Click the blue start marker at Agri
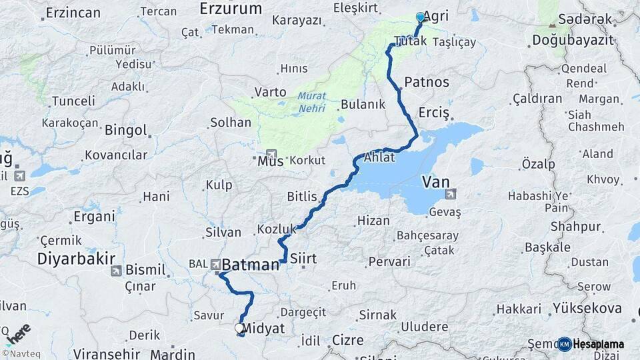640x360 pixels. point(420,17)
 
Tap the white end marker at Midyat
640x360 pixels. point(239,328)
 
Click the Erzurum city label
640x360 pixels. point(231,9)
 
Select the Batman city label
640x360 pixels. point(250,265)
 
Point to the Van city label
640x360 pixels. point(435,181)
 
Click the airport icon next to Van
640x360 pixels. point(451,194)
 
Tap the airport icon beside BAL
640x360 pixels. point(216,265)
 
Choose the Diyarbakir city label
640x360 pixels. point(77,259)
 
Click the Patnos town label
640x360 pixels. point(427,83)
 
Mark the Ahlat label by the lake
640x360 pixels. point(380,159)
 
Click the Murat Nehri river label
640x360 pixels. point(312,101)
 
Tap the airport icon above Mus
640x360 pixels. point(271,153)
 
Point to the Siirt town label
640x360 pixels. point(303,259)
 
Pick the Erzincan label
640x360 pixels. point(74,12)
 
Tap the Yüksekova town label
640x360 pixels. point(587,308)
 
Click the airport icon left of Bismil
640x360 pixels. point(116,271)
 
